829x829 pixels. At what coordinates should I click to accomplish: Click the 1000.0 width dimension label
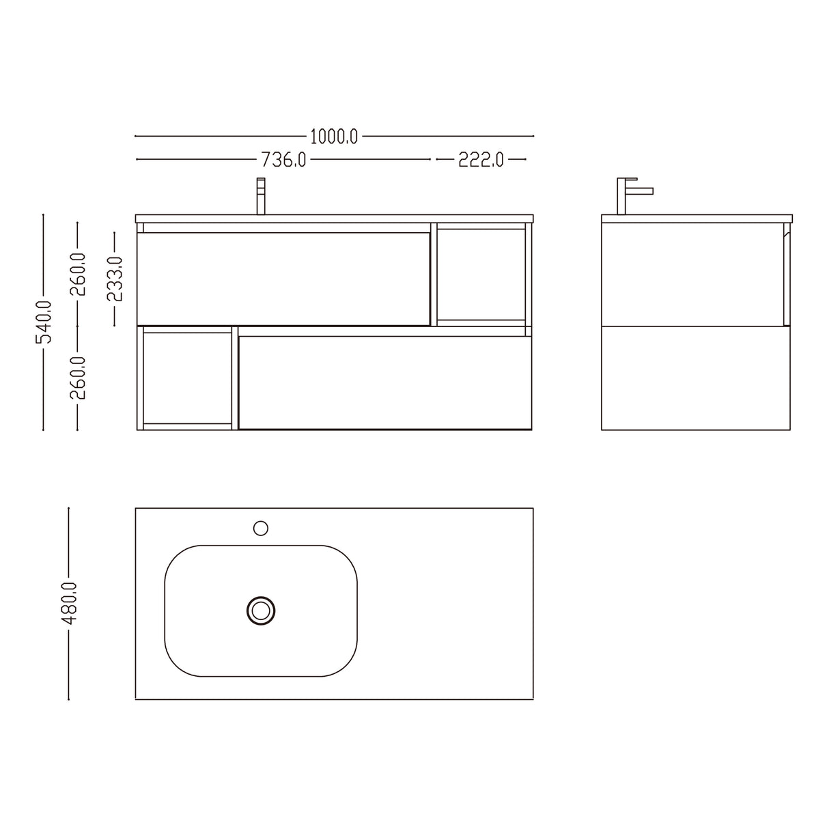(x=334, y=137)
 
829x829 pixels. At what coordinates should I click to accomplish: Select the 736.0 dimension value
(x=283, y=160)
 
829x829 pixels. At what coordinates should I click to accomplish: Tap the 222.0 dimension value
(x=481, y=160)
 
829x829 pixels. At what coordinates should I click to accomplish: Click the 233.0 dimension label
(x=114, y=279)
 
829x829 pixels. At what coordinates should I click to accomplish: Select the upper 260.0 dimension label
(x=78, y=274)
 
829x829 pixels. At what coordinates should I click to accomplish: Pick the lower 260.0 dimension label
(x=78, y=378)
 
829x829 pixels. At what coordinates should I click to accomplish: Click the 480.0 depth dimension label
(x=69, y=603)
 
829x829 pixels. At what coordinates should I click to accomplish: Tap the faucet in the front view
(x=260, y=197)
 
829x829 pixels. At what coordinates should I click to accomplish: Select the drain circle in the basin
(x=260, y=610)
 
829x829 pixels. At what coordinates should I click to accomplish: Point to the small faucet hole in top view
(x=260, y=528)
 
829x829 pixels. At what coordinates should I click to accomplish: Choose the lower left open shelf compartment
(x=187, y=378)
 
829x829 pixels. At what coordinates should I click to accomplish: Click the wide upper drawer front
(x=283, y=279)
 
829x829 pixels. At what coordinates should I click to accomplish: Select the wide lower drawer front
(x=384, y=382)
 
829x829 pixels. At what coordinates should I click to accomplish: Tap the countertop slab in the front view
(x=334, y=219)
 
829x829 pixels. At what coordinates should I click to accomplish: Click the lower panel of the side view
(x=696, y=378)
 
